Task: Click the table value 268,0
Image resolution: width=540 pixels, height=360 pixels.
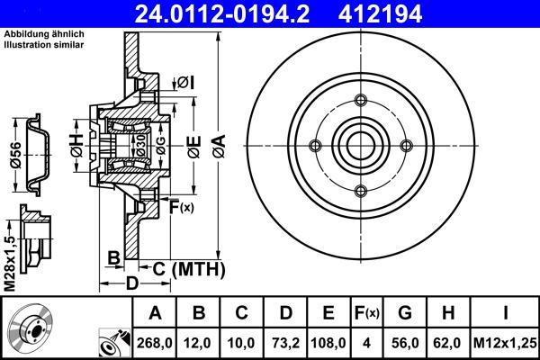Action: coord(155,343)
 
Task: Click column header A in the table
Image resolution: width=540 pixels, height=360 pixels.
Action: coord(155,314)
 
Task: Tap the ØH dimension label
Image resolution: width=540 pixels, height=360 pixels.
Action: coord(76,141)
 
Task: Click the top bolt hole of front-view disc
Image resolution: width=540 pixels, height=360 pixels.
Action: coord(360,99)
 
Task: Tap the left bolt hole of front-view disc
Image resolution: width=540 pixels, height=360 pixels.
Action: coord(314,144)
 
